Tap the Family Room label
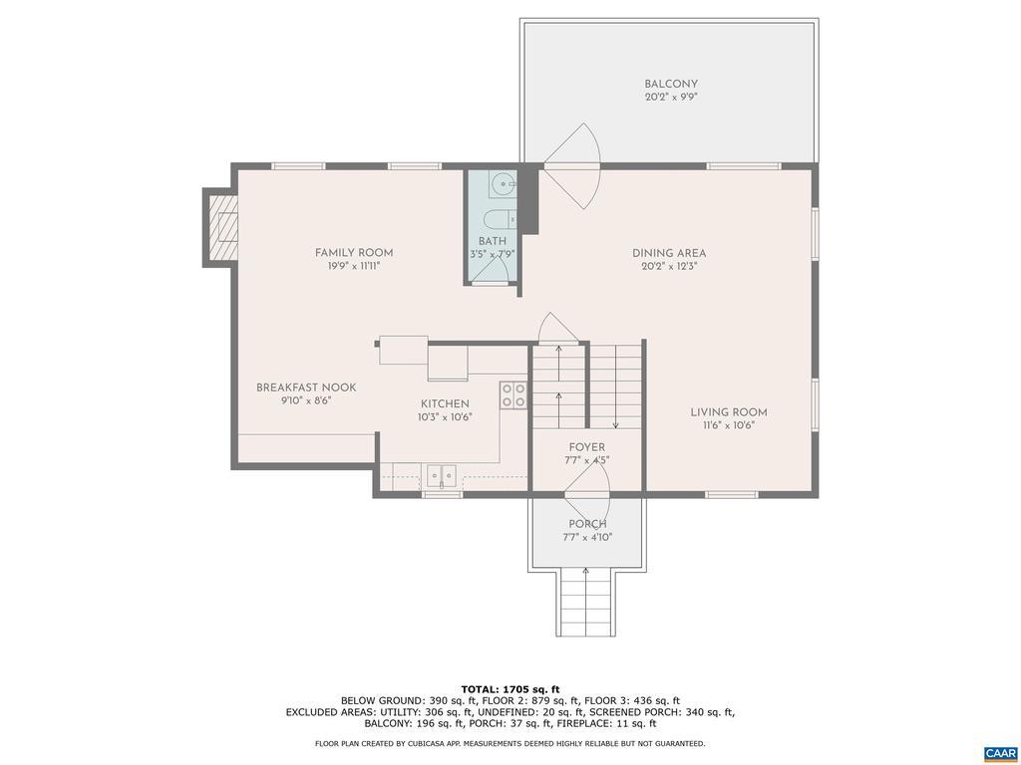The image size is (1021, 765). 354,253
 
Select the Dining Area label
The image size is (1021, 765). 669,253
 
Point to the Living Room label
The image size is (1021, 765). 729,411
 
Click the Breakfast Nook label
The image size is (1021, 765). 306,387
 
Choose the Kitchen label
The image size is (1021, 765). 445,404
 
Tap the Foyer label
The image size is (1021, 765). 586,447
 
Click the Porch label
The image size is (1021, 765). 587,524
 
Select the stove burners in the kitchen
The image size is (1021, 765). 513,395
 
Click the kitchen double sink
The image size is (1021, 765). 442,477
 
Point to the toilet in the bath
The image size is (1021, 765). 501,220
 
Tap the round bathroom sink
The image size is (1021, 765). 504,184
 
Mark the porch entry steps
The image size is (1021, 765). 586,602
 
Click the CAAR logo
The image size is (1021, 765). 999,753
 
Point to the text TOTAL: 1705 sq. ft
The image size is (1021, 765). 510,689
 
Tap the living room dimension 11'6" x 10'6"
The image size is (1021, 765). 729,425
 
